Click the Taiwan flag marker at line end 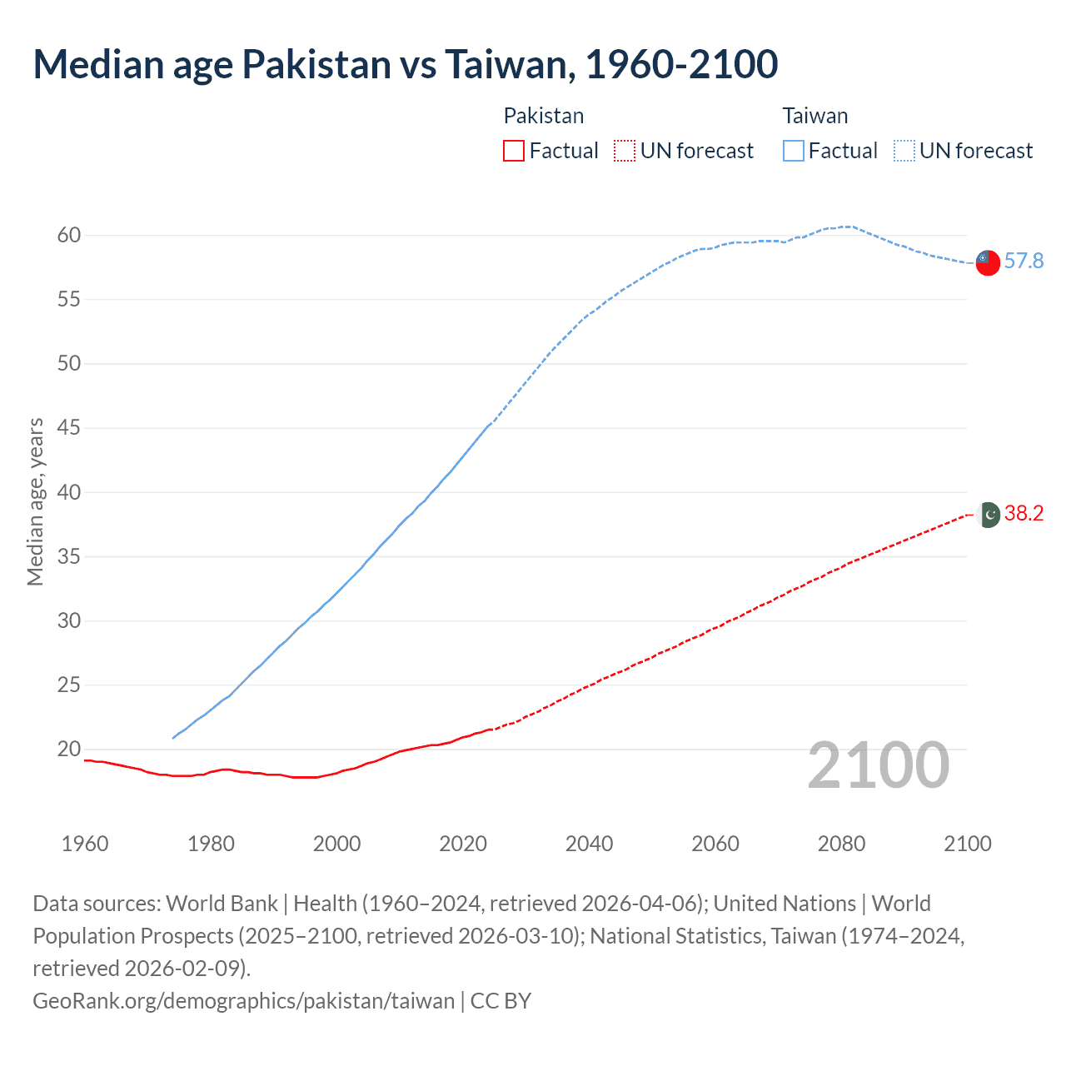coord(987,262)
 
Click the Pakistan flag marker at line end coord(988,515)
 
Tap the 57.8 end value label coord(1024,262)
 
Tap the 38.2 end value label coord(1024,514)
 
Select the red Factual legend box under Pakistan coord(514,151)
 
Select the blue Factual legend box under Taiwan coord(794,151)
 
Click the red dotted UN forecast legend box coord(625,151)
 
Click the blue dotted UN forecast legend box coord(904,151)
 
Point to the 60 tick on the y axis coord(69,236)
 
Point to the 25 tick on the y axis coord(69,685)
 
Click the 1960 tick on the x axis coord(85,844)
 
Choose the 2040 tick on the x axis coord(589,844)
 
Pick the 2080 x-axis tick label coord(841,844)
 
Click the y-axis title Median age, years coord(35,502)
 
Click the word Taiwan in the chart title coord(506,65)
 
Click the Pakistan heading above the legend coord(544,116)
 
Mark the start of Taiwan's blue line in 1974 coord(173,738)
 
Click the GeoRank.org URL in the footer coord(244,1000)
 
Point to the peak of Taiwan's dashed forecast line coord(848,227)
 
